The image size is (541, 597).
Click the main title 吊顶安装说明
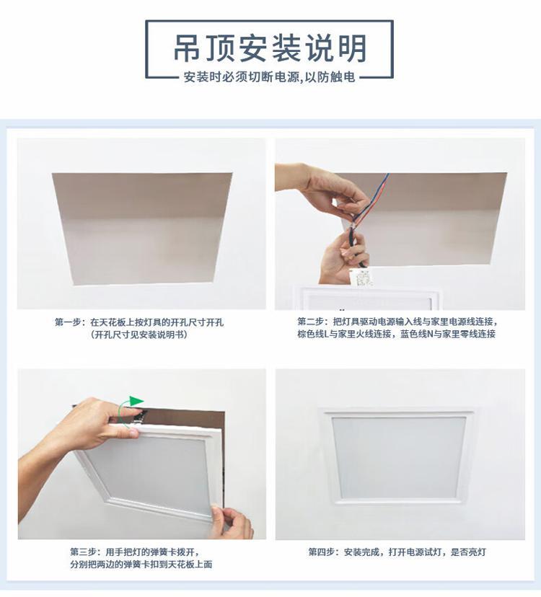[x=270, y=48]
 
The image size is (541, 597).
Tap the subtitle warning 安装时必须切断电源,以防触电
[x=269, y=77]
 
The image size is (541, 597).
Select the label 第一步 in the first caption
[x=69, y=322]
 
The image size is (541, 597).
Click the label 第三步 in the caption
[x=83, y=552]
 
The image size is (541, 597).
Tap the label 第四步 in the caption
[x=322, y=552]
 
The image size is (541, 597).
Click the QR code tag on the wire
[x=361, y=277]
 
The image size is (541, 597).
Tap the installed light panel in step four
[x=398, y=456]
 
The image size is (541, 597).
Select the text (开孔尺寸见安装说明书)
[x=139, y=335]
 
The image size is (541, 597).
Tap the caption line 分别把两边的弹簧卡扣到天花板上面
[x=141, y=565]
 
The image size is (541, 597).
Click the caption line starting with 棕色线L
[x=396, y=334]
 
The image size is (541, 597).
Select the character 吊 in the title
[x=187, y=48]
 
